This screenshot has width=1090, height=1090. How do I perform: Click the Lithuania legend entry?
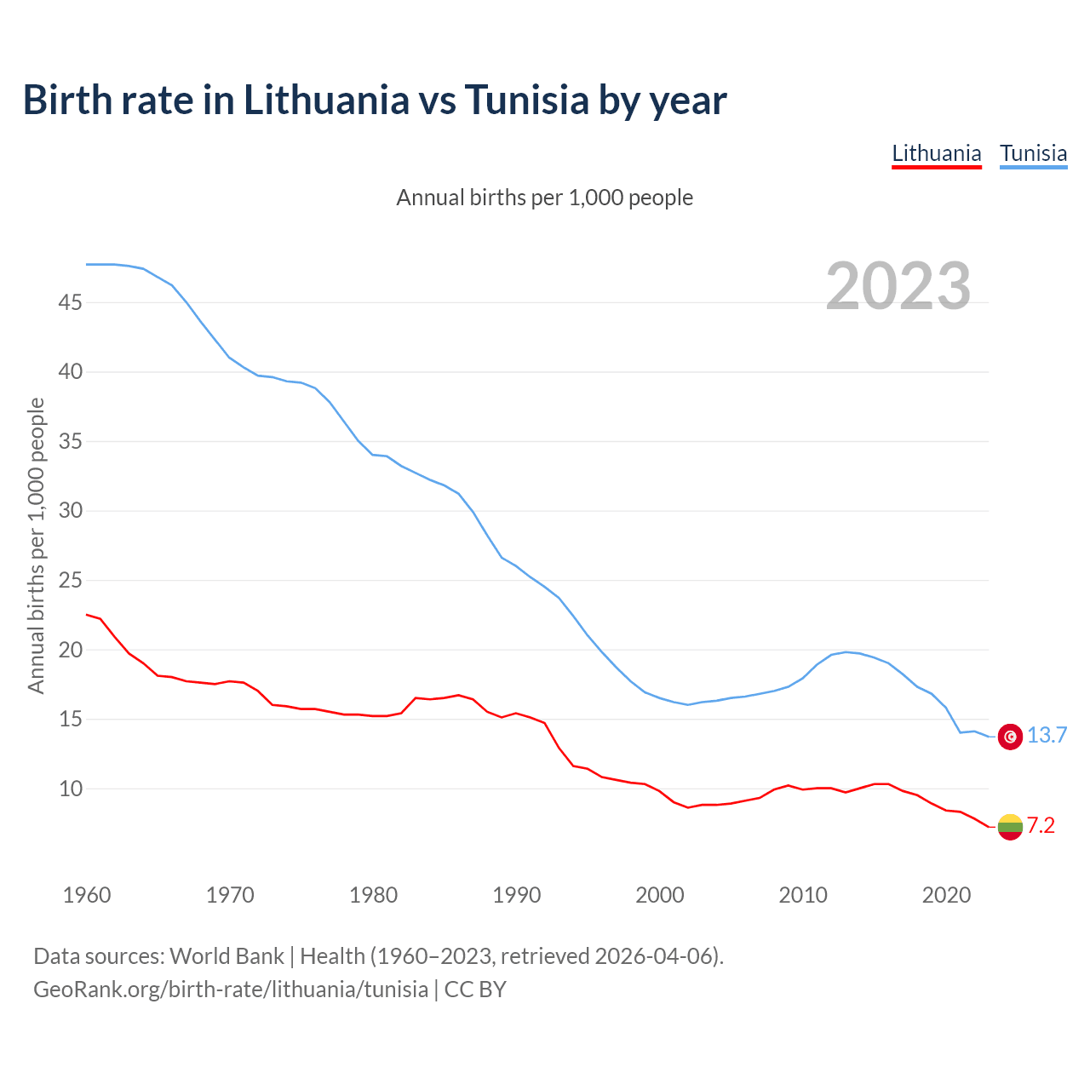(x=936, y=154)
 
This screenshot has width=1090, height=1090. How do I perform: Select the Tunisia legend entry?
(x=1033, y=154)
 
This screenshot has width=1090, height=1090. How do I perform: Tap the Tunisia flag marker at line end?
(x=1010, y=737)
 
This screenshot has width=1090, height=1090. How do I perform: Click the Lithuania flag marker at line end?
(x=1010, y=826)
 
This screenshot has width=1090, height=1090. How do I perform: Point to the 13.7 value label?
(x=1047, y=736)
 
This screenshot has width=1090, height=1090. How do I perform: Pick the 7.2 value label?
(x=1041, y=825)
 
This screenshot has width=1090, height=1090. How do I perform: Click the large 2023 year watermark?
(x=898, y=286)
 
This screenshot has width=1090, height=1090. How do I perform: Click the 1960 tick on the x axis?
(x=87, y=895)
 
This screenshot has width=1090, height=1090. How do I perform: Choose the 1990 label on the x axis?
(x=517, y=895)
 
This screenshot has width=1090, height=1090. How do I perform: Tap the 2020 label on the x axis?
(x=946, y=895)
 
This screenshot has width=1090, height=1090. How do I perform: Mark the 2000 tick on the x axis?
(x=660, y=895)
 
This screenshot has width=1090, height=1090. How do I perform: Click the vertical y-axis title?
(x=36, y=545)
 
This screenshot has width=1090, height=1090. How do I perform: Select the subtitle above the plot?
(x=545, y=198)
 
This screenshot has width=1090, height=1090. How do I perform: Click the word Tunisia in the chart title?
(x=526, y=100)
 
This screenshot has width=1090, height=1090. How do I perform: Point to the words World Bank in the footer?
(x=227, y=956)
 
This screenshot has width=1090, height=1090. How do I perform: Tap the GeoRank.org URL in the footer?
(x=231, y=990)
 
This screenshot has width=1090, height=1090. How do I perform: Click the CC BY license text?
(x=475, y=990)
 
